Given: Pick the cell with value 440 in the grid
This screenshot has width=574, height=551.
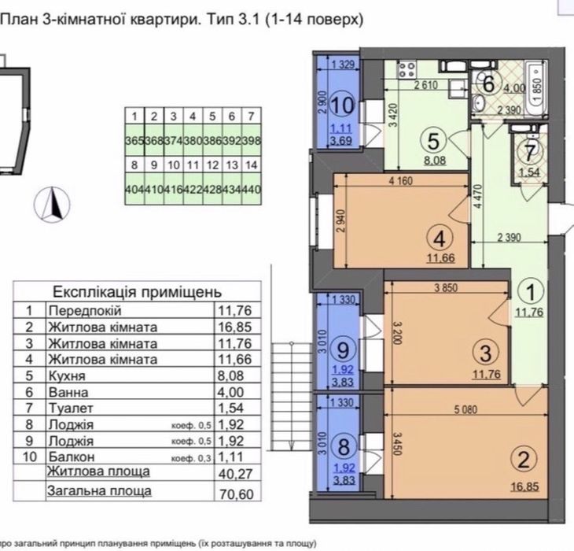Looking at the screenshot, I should (x=252, y=190).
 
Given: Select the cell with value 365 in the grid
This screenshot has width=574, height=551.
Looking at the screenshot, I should (x=135, y=140).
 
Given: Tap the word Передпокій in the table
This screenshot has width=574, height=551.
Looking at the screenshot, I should (x=80, y=310).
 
